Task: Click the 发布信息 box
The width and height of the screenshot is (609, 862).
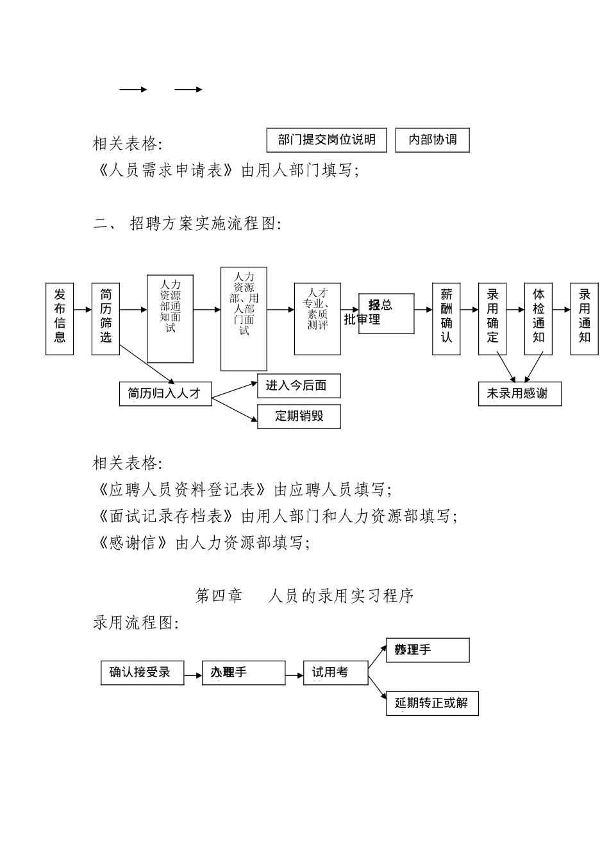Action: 60,318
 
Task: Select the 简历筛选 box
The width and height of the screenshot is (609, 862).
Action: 106,318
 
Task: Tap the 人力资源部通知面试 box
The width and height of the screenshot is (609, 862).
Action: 170,319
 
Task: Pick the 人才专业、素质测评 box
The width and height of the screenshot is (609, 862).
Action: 317,319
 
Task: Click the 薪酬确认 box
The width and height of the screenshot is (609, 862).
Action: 446,318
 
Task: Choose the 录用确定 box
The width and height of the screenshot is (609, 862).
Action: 492,318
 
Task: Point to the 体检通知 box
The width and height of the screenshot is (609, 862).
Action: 538,318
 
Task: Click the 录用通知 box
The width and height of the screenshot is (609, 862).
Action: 584,318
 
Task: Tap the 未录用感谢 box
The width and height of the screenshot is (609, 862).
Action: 520,394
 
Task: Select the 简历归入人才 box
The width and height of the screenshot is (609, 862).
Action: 165,394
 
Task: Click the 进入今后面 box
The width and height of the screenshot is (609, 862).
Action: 299,386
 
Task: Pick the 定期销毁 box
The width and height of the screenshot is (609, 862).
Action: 299,416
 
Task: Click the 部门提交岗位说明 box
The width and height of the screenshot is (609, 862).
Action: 326,140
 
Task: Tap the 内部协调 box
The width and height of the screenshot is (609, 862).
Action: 432,140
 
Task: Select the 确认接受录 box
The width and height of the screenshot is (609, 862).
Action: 142,673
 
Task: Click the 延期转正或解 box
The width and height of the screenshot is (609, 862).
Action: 432,704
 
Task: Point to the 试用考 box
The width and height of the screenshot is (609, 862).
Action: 335,673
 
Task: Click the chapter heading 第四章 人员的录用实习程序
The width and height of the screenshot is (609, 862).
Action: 304,596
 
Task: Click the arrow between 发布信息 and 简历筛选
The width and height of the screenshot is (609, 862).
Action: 83,310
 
